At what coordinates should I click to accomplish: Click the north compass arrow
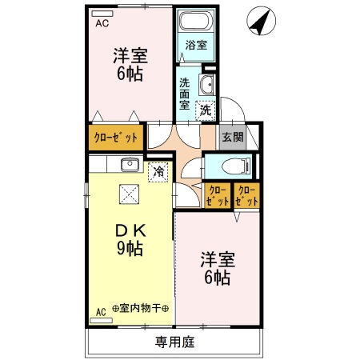pyautogui.click(x=258, y=22)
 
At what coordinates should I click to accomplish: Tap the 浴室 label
pyautogui.click(x=196, y=46)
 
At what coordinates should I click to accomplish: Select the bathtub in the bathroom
pyautogui.click(x=197, y=23)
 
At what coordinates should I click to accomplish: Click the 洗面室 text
pyautogui.click(x=185, y=94)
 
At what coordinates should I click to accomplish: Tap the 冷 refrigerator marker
pyautogui.click(x=158, y=171)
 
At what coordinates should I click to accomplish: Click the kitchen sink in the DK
pyautogui.click(x=130, y=166)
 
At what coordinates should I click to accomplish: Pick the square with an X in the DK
pyautogui.click(x=130, y=194)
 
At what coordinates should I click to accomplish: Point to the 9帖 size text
pyautogui.click(x=129, y=248)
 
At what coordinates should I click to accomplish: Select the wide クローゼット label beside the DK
pyautogui.click(x=114, y=137)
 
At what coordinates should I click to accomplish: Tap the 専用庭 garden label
pyautogui.click(x=174, y=343)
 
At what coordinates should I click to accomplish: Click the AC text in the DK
pyautogui.click(x=101, y=310)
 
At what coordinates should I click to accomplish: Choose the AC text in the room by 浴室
pyautogui.click(x=102, y=24)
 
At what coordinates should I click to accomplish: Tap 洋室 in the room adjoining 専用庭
pyautogui.click(x=216, y=260)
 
